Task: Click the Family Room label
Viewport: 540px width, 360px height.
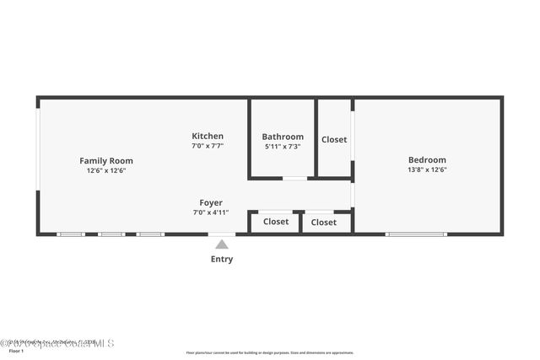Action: click(106, 160)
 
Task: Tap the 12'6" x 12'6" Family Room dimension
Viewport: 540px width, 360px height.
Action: click(106, 170)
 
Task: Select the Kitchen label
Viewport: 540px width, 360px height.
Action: click(208, 136)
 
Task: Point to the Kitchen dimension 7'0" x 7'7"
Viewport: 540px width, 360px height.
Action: click(208, 146)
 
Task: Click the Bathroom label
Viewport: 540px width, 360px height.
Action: click(283, 137)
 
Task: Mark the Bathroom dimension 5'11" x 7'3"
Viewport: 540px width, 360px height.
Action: click(283, 147)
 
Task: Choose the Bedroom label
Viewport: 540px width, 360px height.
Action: click(427, 159)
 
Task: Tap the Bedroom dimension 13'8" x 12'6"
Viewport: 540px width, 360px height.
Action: click(427, 169)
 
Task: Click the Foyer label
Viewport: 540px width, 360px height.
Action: click(211, 202)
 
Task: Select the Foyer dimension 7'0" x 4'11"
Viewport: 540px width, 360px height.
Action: click(211, 212)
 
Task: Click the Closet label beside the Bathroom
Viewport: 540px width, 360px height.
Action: click(334, 139)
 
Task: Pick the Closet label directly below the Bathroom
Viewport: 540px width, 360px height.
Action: click(276, 222)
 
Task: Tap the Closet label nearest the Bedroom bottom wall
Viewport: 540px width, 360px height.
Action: click(324, 223)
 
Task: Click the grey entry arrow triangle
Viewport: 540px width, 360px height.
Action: click(221, 244)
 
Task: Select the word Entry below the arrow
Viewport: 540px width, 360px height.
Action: click(222, 259)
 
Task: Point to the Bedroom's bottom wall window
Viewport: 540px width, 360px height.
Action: click(416, 234)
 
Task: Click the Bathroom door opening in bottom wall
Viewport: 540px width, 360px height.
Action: click(294, 178)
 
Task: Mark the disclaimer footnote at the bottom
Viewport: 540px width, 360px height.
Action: click(270, 352)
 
